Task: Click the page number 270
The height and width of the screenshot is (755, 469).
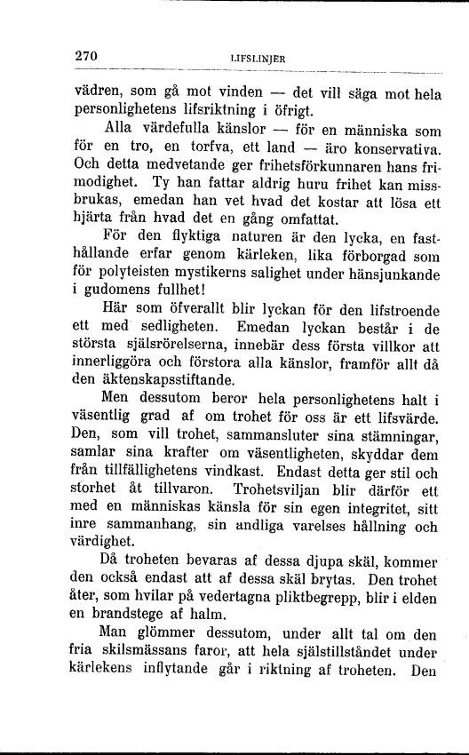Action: (x=87, y=55)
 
